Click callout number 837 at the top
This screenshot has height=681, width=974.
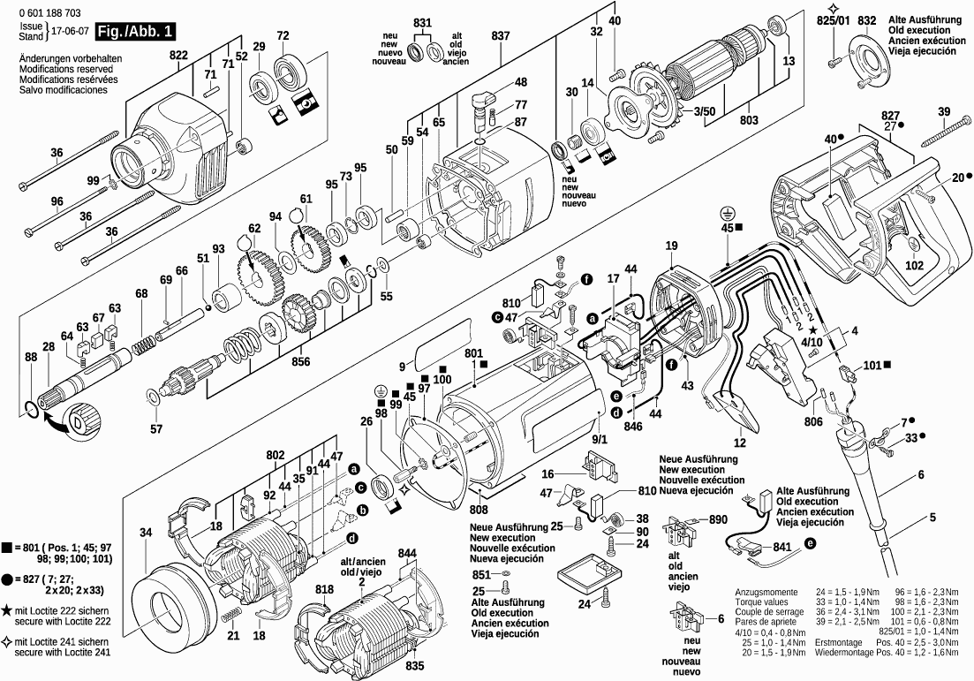[501, 34]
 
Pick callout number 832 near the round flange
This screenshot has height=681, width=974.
[867, 19]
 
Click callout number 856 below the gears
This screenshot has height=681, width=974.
[300, 361]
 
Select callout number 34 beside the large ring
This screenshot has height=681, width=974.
[146, 532]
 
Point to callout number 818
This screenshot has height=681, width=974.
[324, 589]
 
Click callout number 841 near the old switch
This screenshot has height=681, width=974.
[781, 548]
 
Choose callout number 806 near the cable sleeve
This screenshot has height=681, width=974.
[812, 423]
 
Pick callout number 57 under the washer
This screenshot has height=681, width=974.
[156, 429]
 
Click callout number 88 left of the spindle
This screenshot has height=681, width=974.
[31, 357]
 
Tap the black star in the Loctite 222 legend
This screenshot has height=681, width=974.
[6, 609]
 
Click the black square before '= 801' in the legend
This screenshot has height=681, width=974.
[6, 548]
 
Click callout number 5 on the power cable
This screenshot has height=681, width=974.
[932, 517]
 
